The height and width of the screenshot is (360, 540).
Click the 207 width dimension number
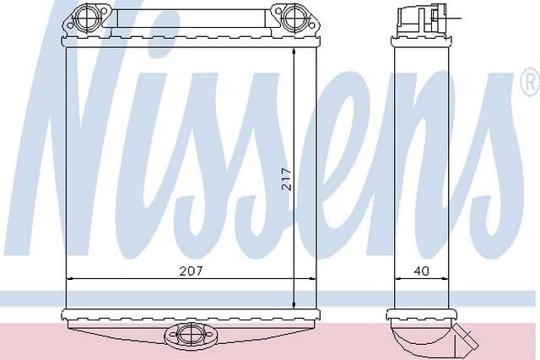[x=192, y=271]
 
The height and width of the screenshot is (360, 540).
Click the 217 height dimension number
[x=287, y=179]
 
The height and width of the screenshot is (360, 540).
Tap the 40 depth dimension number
[x=422, y=271]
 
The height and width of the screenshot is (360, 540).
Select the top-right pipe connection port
[x=294, y=19]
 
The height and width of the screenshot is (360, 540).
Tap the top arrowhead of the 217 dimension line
[x=294, y=51]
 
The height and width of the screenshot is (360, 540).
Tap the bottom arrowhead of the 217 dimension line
[x=294, y=304]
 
